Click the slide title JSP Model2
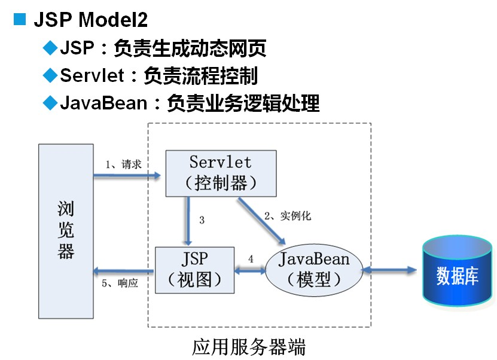(90, 20)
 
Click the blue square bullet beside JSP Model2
(20, 19)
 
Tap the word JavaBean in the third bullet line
(103, 103)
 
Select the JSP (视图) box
(195, 270)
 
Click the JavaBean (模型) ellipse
(314, 270)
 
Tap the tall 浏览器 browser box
(66, 230)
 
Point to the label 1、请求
(123, 164)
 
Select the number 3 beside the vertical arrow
(202, 220)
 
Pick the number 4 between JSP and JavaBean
(251, 259)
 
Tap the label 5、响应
(120, 283)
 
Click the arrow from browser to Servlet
(127, 175)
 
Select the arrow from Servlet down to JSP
(188, 221)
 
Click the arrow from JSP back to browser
(123, 270)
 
